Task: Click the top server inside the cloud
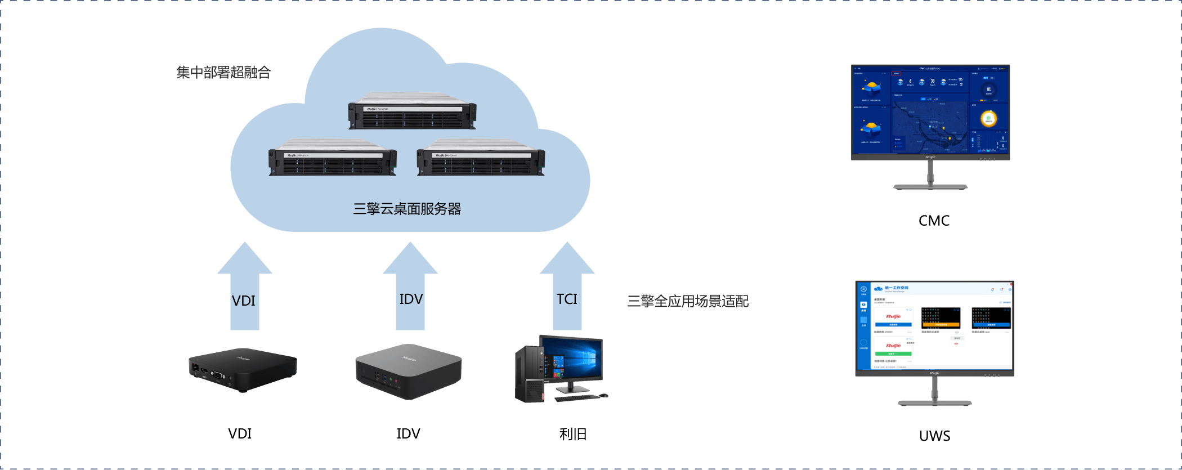[x=412, y=111]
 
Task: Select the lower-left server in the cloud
[x=332, y=158]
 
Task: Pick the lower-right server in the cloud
[x=481, y=158]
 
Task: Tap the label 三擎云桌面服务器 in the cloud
[x=407, y=209]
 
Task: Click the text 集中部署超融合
[x=223, y=73]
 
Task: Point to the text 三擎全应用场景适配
[x=688, y=301]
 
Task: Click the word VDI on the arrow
[x=244, y=301]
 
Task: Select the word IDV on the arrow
[x=411, y=299]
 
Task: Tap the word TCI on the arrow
[x=567, y=299]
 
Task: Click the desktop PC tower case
[x=529, y=374]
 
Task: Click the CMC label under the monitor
[x=934, y=221]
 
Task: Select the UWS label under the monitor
[x=934, y=435]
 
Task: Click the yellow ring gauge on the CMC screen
[x=989, y=119]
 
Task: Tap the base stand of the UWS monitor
[x=934, y=402]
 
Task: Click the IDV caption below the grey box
[x=408, y=434]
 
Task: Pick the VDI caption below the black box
[x=240, y=434]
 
